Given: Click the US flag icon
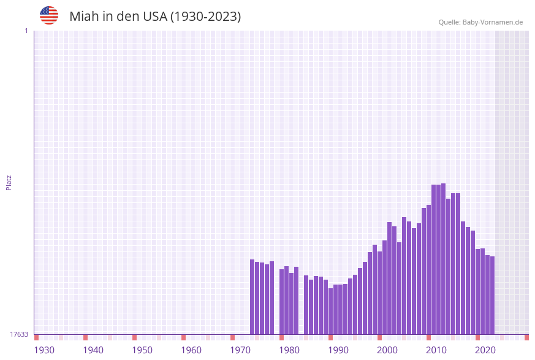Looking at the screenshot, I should tap(49, 15).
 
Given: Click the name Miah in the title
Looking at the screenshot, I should tap(83, 17).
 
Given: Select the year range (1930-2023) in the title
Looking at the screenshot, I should tap(205, 17).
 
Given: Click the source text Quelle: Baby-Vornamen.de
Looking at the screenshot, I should tap(480, 22).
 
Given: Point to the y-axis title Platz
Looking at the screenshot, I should tap(9, 182).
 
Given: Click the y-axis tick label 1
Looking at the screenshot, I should tap(26, 31).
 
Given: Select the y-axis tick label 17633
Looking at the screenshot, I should tap(19, 334).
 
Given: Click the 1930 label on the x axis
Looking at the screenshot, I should tap(44, 350).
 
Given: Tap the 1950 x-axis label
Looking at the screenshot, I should tap(142, 350).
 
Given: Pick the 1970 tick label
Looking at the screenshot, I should tap(240, 350).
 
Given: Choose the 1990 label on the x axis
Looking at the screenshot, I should tap(338, 350).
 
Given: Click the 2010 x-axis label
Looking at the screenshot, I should tap(436, 350).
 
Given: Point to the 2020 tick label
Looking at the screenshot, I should tap(485, 350).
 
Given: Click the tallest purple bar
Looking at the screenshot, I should tap(443, 258).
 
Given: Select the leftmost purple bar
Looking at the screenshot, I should tap(252, 297).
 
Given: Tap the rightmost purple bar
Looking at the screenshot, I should tap(492, 295).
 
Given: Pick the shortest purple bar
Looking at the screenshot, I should tap(330, 311).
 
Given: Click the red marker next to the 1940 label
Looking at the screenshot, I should tap(85, 337).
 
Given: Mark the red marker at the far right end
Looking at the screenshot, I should tap(526, 337).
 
